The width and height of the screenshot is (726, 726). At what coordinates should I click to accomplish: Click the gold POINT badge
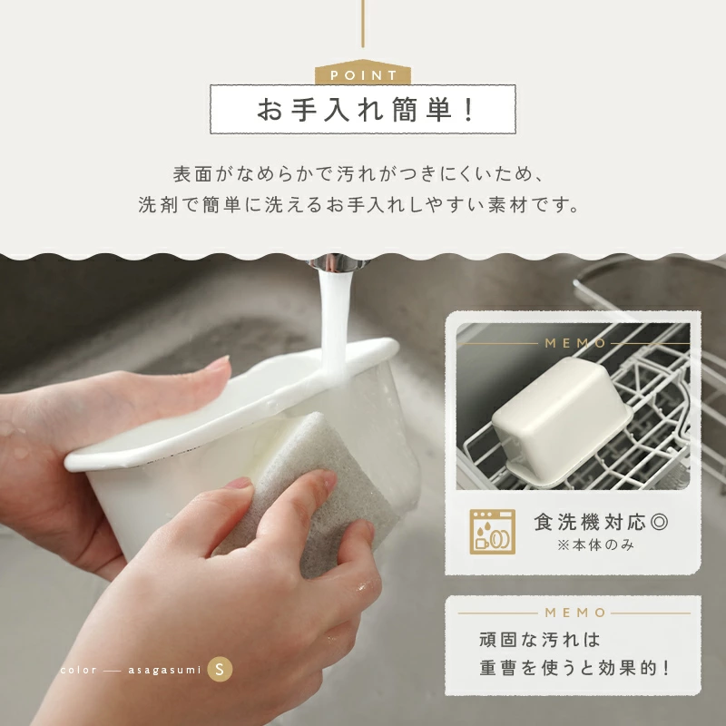[363, 73]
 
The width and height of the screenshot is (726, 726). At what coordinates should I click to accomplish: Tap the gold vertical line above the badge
[363, 24]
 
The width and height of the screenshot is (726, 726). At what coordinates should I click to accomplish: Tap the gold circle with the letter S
[220, 669]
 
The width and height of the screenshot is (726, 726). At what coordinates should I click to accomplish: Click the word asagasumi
[165, 671]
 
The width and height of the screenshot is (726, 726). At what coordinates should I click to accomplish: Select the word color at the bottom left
[79, 670]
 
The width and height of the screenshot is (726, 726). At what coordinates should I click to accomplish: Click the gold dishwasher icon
[492, 532]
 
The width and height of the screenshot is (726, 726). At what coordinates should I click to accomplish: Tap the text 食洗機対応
[590, 523]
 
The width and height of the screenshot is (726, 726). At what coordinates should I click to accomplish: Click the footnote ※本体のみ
[595, 545]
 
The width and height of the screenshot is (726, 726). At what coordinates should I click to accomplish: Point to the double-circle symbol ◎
[660, 523]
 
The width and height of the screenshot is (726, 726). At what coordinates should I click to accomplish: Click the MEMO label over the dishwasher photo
[575, 343]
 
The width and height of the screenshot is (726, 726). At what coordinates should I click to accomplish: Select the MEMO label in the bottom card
[575, 613]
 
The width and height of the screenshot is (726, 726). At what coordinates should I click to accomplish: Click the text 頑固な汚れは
[540, 640]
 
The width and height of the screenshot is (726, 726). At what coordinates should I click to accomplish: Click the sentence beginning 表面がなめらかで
[358, 174]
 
